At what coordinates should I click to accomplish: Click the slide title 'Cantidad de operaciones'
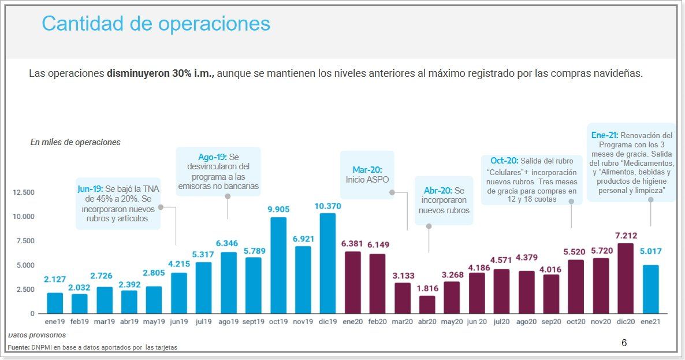click(156, 24)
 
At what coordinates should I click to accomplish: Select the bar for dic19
click(328, 263)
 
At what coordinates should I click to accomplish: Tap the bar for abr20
click(427, 305)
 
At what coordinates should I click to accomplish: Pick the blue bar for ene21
click(650, 289)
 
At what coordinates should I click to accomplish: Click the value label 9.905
click(278, 209)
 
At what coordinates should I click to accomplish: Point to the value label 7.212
click(626, 235)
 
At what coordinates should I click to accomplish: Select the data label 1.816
click(427, 288)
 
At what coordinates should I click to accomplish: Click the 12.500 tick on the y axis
click(24, 192)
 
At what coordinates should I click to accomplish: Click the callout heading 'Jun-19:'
click(91, 188)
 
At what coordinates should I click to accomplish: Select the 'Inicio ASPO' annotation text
click(367, 180)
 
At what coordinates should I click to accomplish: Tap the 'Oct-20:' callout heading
click(504, 161)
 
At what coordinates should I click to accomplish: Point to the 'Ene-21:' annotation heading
click(605, 135)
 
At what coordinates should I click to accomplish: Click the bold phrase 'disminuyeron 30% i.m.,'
click(161, 74)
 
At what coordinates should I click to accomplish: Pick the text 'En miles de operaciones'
click(75, 142)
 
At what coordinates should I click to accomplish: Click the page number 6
click(624, 343)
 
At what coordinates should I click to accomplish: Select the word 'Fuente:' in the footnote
click(19, 347)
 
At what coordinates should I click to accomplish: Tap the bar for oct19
click(278, 265)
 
